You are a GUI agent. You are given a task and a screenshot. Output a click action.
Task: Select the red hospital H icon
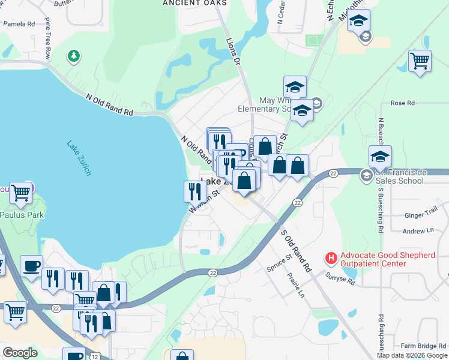coord(330,258)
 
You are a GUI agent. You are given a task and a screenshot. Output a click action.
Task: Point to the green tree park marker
coord(74,56)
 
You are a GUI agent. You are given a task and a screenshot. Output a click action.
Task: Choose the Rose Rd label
coord(402,103)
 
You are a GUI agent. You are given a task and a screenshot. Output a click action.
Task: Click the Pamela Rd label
coord(19,24)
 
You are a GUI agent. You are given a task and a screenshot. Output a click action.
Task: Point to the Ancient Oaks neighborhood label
coord(195,3)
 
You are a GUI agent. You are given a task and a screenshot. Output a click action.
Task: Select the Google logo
coord(20,353)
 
